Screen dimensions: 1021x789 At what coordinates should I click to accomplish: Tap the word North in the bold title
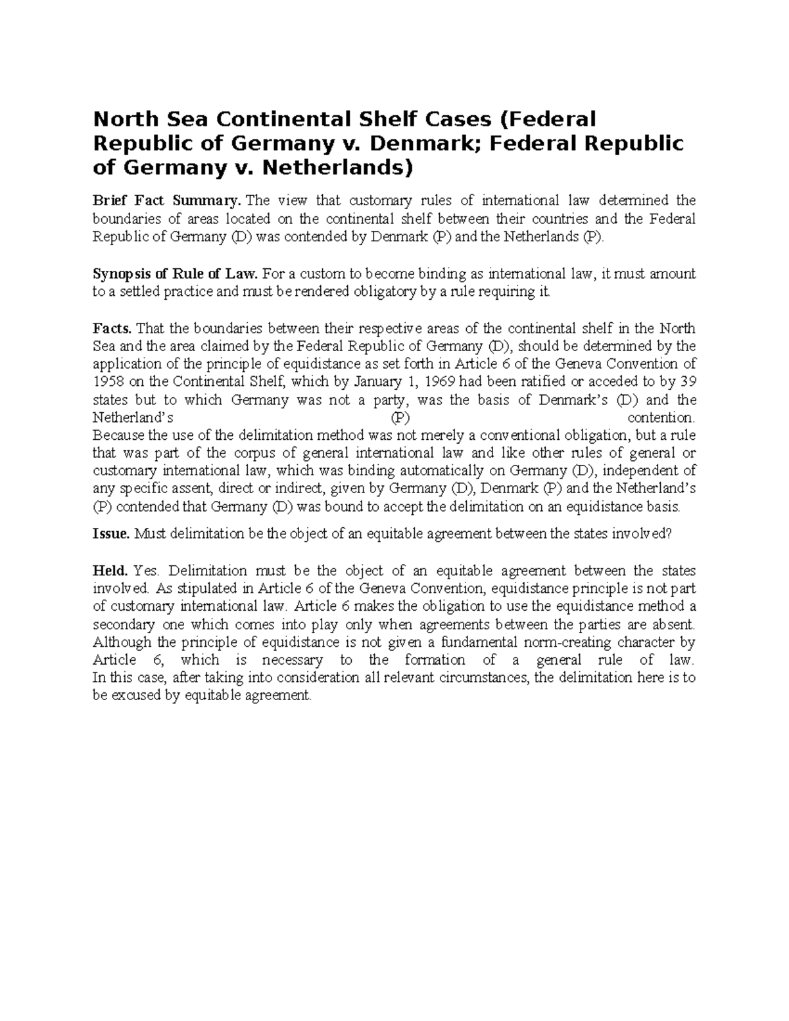click(x=122, y=119)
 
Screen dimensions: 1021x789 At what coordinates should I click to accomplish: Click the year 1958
click(x=107, y=382)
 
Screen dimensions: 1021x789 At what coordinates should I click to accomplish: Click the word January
click(x=382, y=382)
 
